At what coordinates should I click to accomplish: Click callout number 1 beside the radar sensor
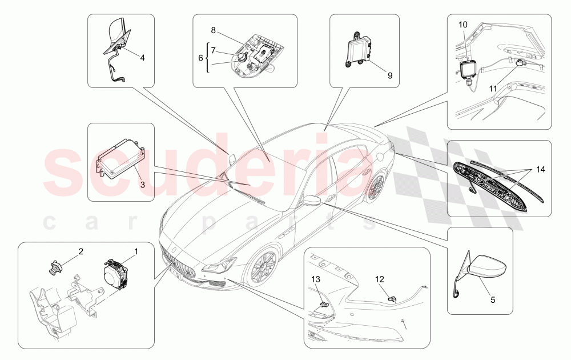pyautogui.click(x=135, y=251)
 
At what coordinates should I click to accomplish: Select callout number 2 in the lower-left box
pyautogui.click(x=81, y=251)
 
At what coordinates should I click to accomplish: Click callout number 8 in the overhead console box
pyautogui.click(x=213, y=30)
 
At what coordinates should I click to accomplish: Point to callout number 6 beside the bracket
pyautogui.click(x=200, y=58)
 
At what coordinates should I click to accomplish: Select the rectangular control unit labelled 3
pyautogui.click(x=120, y=157)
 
